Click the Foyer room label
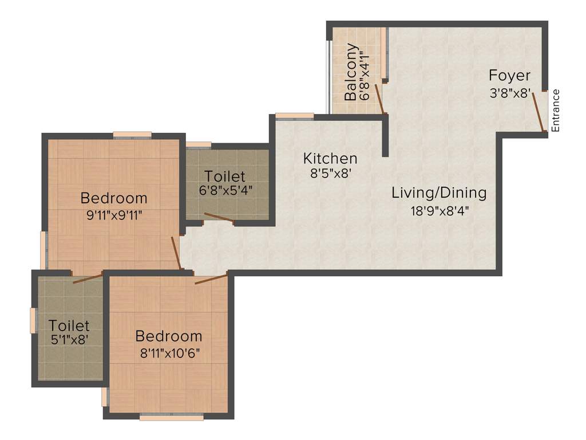pyautogui.click(x=509, y=76)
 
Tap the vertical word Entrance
pyautogui.click(x=556, y=111)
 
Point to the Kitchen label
pyautogui.click(x=330, y=158)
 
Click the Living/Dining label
pyautogui.click(x=439, y=192)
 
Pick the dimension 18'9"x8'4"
pyautogui.click(x=439, y=210)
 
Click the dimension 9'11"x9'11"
pyautogui.click(x=113, y=215)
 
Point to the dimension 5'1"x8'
pyautogui.click(x=69, y=339)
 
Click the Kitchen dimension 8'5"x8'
pyautogui.click(x=330, y=174)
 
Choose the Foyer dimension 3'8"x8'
pyautogui.click(x=510, y=92)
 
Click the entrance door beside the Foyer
pyautogui.click(x=539, y=112)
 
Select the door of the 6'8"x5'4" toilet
pyautogui.click(x=219, y=217)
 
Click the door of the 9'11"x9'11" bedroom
pyautogui.click(x=177, y=253)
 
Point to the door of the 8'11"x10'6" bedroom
pyautogui.click(x=211, y=279)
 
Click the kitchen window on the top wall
pyautogui.click(x=294, y=116)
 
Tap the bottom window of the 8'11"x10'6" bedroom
pyautogui.click(x=172, y=418)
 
